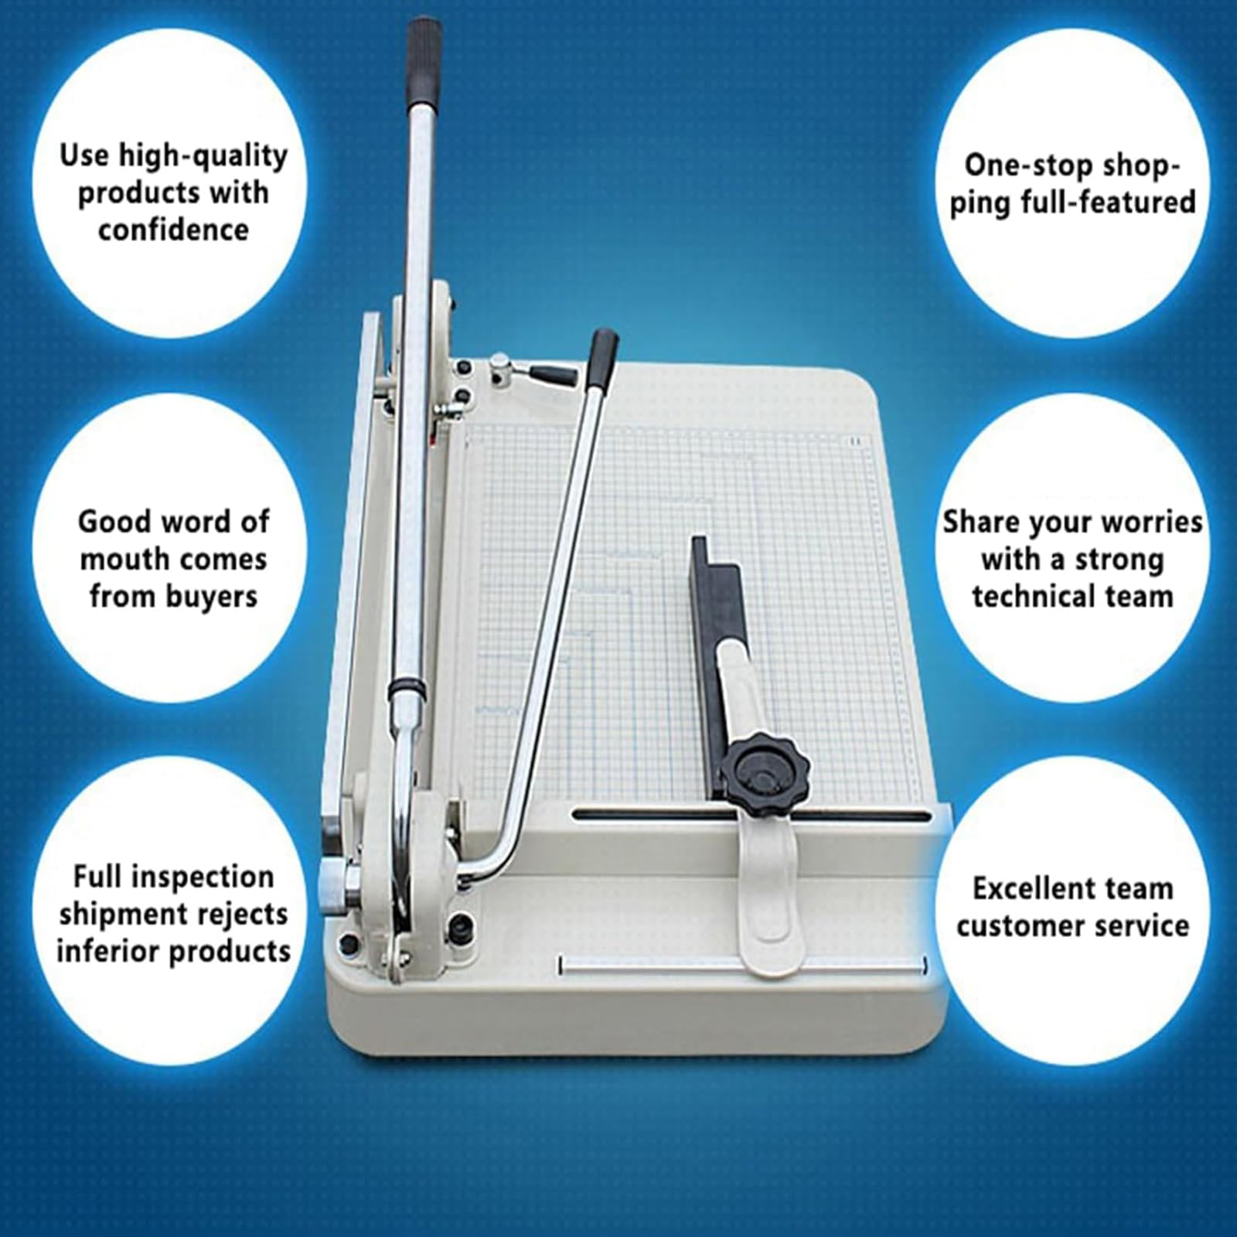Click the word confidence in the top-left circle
click(x=173, y=230)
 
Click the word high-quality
click(x=203, y=157)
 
